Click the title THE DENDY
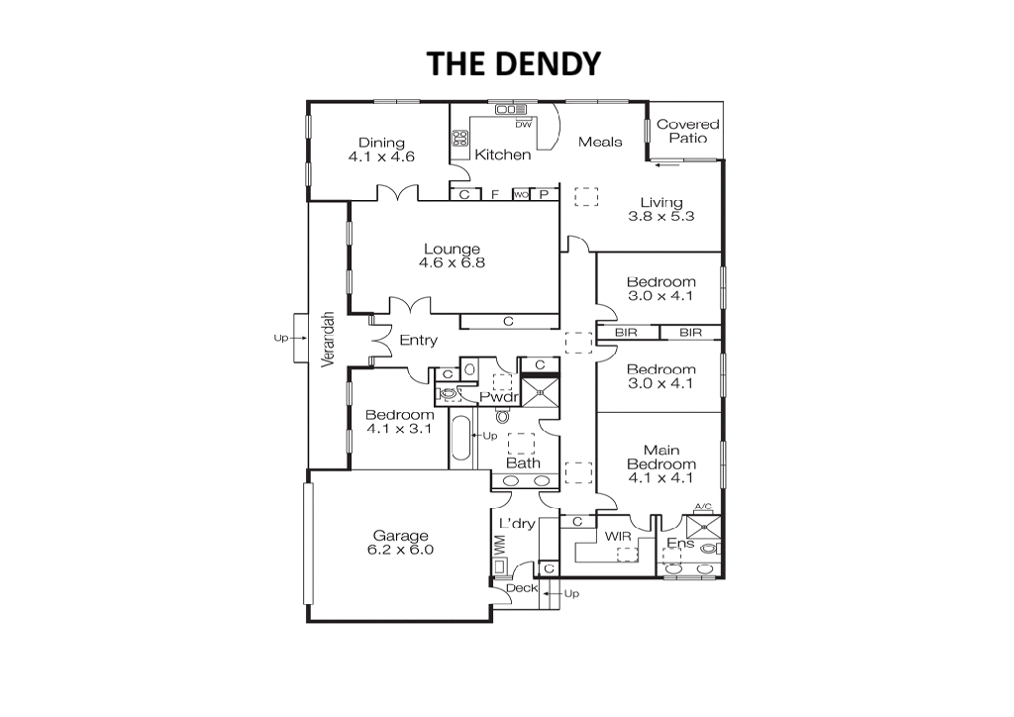click(514, 63)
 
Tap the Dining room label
click(381, 143)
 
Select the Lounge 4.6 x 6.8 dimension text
click(452, 263)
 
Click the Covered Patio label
click(688, 131)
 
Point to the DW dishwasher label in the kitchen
click(523, 125)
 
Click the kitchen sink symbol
click(511, 109)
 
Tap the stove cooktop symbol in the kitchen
click(459, 137)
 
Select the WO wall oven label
click(521, 195)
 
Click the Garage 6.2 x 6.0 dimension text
click(400, 551)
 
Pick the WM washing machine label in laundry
click(499, 545)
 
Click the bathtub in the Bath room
click(461, 440)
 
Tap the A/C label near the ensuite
click(703, 506)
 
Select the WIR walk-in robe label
click(618, 536)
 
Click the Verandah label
click(329, 340)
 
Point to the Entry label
click(419, 340)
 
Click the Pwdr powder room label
click(499, 397)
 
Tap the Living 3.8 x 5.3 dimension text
click(660, 217)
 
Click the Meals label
click(600, 142)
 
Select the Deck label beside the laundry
click(522, 588)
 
